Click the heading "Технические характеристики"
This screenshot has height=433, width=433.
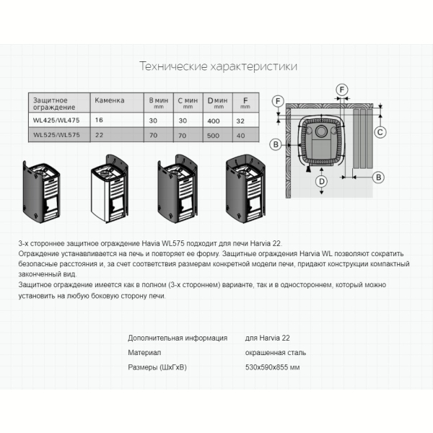pos(218,66)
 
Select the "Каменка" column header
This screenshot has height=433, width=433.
pos(110,100)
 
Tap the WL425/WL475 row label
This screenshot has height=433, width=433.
pos(56,120)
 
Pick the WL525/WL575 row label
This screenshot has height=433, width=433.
pos(56,135)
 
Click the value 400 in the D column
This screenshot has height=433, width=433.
pos(214,121)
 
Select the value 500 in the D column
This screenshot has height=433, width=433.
pos(213,136)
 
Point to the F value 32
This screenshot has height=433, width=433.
pos(240,121)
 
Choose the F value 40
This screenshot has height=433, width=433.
pos(240,136)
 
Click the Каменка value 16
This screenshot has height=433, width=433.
pos(99,120)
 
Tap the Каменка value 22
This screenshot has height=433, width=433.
pos(99,135)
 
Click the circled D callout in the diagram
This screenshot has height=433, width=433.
pos(321,181)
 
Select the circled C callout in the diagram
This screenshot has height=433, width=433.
pos(380,132)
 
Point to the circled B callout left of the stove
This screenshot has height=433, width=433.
pos(276,144)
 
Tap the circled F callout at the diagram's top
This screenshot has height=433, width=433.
pos(342,89)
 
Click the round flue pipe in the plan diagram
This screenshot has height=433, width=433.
pos(321,131)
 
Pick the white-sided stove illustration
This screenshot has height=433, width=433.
pos(110,188)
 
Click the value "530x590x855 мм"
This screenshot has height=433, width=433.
pos(272,367)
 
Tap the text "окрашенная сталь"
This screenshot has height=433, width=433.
pos(276,353)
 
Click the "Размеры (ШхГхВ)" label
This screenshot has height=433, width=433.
pos(157,367)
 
